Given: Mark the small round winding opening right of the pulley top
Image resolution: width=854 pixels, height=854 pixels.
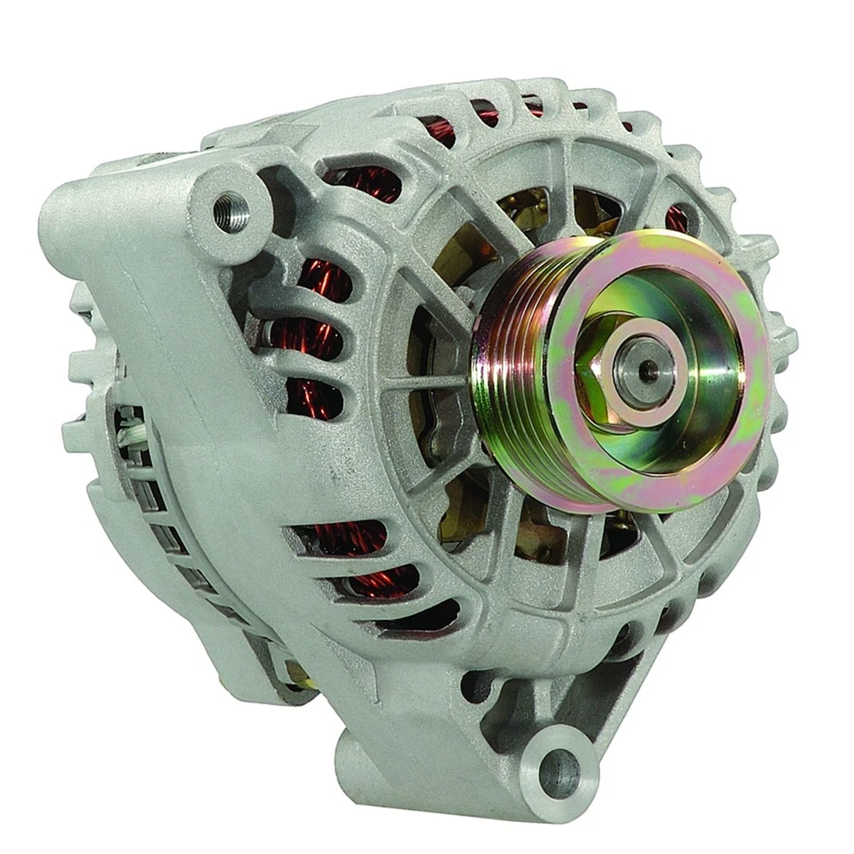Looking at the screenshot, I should pyautogui.click(x=677, y=218).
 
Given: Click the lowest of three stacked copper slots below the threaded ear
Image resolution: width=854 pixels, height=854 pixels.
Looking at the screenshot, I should pyautogui.click(x=313, y=400).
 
